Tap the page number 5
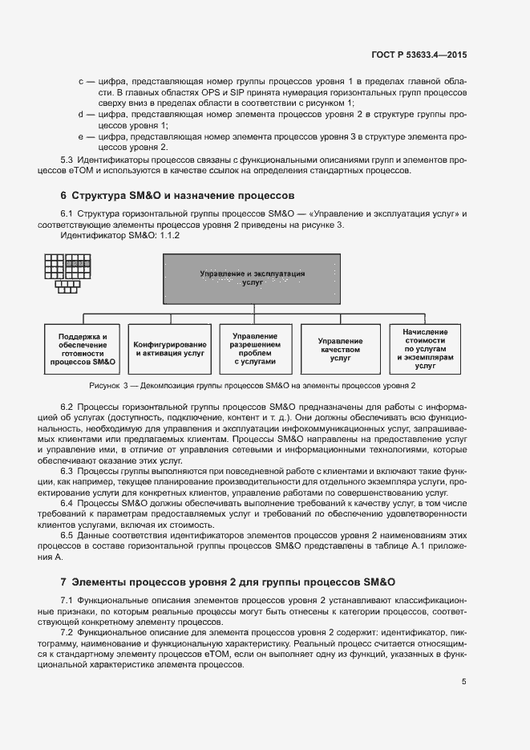click(x=464, y=682)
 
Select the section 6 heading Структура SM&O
click(x=178, y=195)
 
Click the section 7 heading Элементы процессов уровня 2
click(x=229, y=581)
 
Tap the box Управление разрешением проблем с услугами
click(x=254, y=348)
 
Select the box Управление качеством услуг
click(x=340, y=349)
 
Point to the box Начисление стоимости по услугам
click(x=426, y=348)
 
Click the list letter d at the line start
click(x=81, y=115)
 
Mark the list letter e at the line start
click(x=81, y=137)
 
